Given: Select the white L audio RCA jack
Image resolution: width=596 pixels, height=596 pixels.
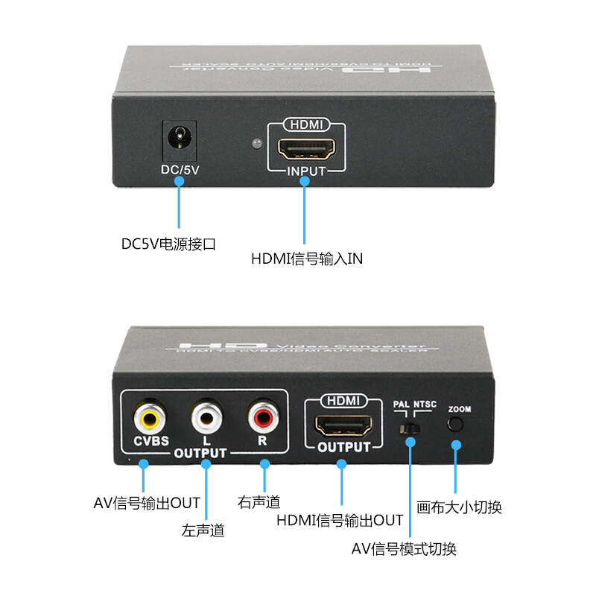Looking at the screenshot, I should click(x=206, y=416).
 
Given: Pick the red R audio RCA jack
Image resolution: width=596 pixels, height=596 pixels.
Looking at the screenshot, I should click(x=263, y=416).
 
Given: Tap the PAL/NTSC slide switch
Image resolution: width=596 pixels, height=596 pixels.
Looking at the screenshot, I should click(x=409, y=429).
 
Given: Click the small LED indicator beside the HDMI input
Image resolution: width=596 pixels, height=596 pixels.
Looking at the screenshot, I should click(x=256, y=142).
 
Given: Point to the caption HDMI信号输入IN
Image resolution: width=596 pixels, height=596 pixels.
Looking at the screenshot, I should click(x=307, y=259).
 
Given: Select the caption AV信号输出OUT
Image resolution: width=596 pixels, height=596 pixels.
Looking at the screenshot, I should click(x=147, y=503).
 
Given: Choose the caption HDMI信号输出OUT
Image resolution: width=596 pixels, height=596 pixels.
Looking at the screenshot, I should click(x=340, y=520).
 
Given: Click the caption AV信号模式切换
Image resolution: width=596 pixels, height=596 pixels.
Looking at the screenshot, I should click(x=404, y=550).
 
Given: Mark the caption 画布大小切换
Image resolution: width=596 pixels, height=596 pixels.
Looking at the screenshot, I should click(x=459, y=507).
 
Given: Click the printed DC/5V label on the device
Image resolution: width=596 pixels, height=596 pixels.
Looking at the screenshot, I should click(x=179, y=169).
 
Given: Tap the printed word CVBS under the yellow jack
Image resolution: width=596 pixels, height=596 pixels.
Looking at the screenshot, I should click(x=151, y=440).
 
